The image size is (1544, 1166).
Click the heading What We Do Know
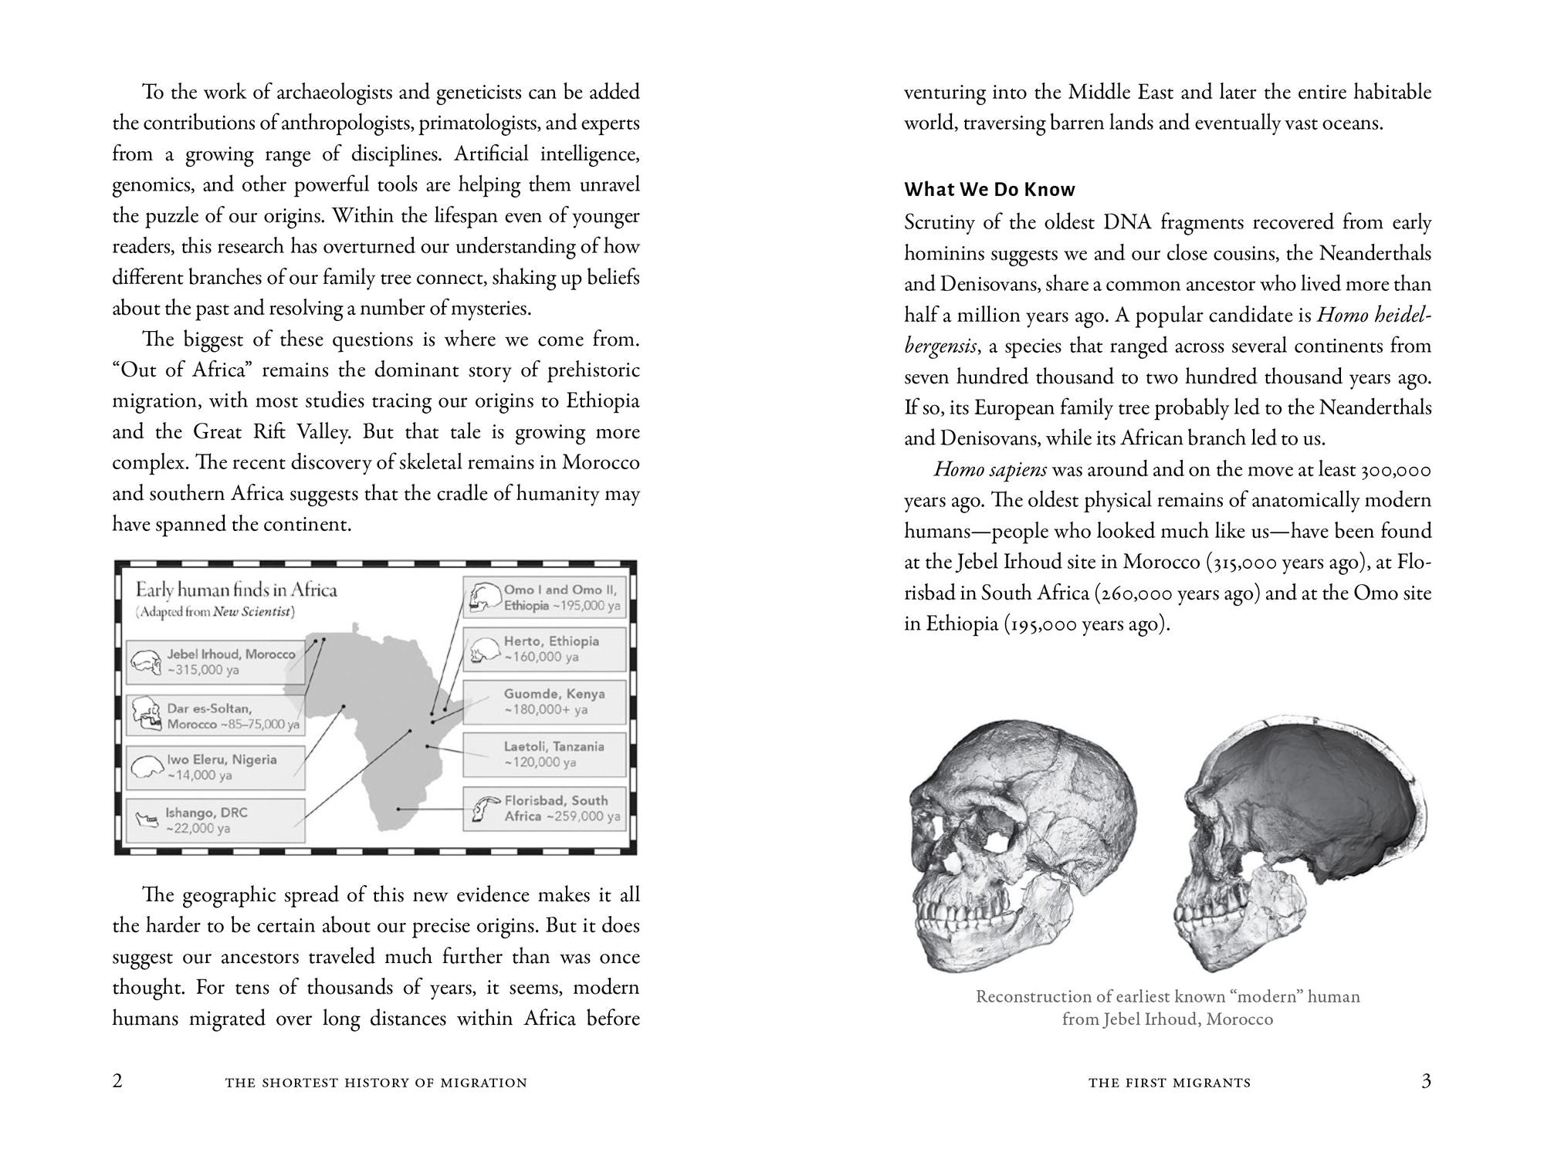pos(990,190)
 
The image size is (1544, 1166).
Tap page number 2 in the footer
pos(117,1081)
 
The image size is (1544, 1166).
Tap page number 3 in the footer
pos(1426,1081)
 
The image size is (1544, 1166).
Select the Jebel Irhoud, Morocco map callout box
pos(215,662)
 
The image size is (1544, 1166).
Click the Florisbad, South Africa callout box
pos(544,809)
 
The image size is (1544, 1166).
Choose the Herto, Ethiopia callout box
pos(544,649)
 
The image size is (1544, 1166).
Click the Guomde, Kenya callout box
pos(544,702)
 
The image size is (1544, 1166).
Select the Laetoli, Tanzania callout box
pos(544,755)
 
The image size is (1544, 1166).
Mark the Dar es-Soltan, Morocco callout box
pos(215,716)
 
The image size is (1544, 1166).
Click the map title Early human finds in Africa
pos(236,590)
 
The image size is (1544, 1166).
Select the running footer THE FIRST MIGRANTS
pos(1170,1083)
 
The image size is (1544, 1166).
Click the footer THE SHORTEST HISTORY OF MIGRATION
pos(376,1083)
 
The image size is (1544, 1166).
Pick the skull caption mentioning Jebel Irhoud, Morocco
pos(1167,1008)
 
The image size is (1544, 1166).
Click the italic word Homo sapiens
pos(990,470)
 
